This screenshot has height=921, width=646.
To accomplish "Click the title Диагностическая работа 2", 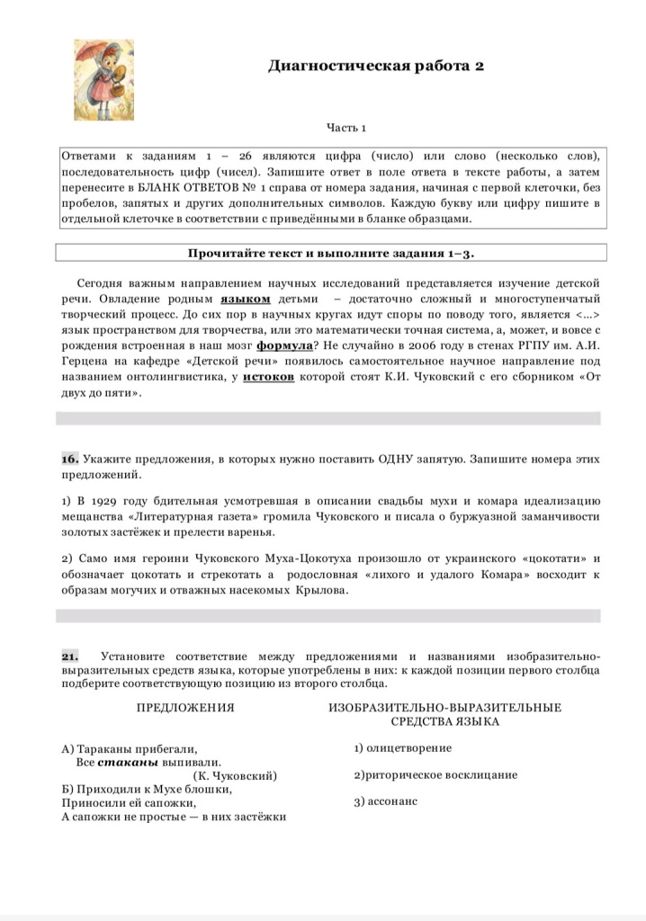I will (376, 67).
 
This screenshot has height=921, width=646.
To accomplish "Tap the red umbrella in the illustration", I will (90, 54).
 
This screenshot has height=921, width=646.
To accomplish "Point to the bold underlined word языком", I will (246, 298).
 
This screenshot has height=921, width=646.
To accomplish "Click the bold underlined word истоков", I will (269, 378).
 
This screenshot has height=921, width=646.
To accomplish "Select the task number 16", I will (70, 459).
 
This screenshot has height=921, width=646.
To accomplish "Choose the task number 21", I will (70, 656).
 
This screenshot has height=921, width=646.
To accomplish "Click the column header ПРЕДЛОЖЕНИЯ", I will (185, 708).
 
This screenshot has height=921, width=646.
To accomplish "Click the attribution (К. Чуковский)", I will (235, 775).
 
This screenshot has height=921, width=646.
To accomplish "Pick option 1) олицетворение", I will (403, 748).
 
